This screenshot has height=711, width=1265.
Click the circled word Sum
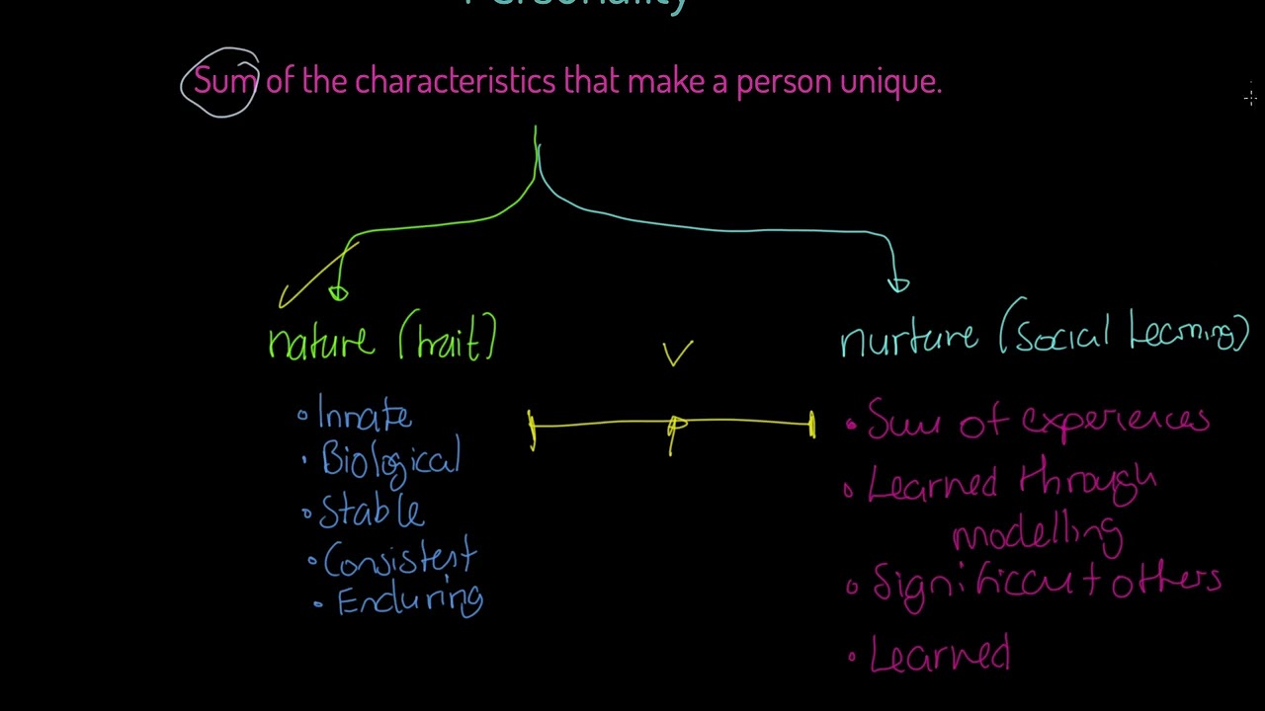[224, 81]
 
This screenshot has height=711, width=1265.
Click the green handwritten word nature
[321, 341]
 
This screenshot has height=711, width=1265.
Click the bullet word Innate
[364, 416]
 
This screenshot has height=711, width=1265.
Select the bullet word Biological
[390, 461]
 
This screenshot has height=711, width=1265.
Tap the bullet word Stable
[372, 511]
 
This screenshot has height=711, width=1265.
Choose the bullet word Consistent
[399, 560]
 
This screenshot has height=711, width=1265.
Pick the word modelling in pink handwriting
[1037, 533]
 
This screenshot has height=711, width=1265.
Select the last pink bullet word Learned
[940, 655]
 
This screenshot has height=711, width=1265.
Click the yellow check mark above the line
[677, 353]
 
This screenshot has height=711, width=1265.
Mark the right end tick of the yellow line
[812, 425]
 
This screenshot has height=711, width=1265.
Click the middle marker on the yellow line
[675, 429]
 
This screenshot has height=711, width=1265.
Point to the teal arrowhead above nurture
[897, 284]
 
